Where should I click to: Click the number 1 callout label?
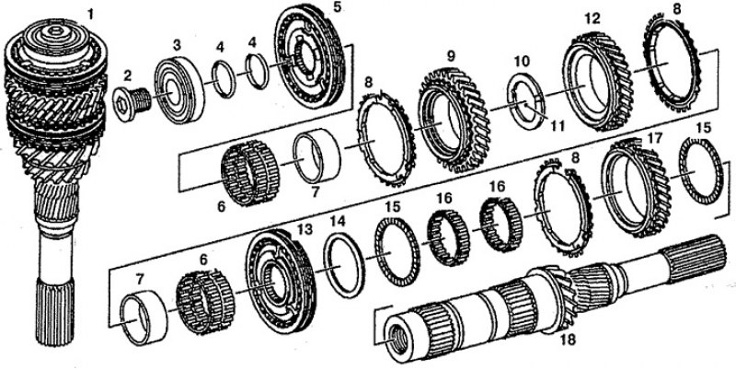89,16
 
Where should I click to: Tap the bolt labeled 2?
132,103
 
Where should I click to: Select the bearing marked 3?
179,90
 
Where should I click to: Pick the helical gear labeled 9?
454,121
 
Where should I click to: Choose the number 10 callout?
522,62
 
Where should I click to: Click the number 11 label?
557,125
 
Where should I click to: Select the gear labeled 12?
597,81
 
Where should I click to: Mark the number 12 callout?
592,19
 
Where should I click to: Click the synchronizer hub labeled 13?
281,282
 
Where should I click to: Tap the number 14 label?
338,221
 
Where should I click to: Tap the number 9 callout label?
452,57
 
